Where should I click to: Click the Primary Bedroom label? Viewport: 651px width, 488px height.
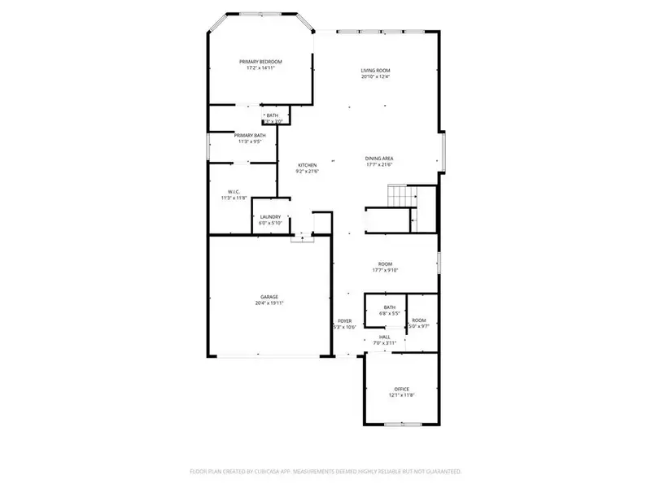(x=260, y=62)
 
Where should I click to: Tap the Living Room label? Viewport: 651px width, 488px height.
(x=375, y=71)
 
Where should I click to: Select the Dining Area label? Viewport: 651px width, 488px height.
(x=379, y=158)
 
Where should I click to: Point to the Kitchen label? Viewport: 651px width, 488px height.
(x=306, y=164)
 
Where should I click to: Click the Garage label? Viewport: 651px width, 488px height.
(x=269, y=297)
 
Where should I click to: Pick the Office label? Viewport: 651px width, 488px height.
(x=401, y=389)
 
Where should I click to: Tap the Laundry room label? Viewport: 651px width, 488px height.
(x=270, y=216)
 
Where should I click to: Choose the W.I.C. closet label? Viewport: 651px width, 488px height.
(x=231, y=191)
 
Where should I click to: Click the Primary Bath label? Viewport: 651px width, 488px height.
(x=250, y=135)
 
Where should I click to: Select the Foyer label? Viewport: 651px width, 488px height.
(x=344, y=321)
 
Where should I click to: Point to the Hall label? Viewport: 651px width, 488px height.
(x=384, y=337)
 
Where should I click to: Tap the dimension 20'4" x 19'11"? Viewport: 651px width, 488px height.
(x=269, y=303)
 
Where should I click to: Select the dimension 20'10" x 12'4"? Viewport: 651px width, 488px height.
(x=375, y=77)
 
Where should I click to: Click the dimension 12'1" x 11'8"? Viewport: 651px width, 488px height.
(x=401, y=395)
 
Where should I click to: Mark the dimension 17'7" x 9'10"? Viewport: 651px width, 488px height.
(x=385, y=270)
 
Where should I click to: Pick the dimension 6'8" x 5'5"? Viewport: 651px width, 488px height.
(x=390, y=313)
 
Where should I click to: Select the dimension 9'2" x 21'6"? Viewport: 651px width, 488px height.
(x=306, y=171)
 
